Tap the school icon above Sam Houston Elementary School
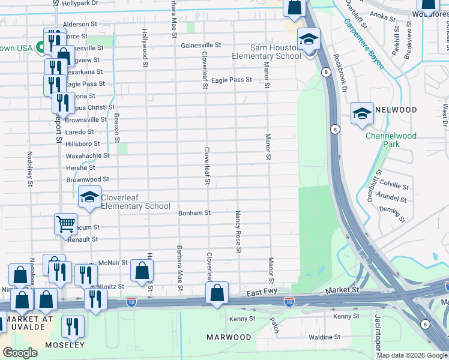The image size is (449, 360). pyautogui.click(x=309, y=40)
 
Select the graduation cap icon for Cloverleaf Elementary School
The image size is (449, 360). pyautogui.click(x=89, y=196)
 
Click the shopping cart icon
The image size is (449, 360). pyautogui.click(x=65, y=224)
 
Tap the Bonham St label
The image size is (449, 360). pyautogui.click(x=194, y=213)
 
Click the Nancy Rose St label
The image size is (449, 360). pyautogui.click(x=238, y=231)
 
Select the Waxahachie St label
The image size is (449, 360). pyautogui.click(x=88, y=155)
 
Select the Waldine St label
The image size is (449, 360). pyautogui.click(x=324, y=337)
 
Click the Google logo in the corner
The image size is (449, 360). pyautogui.click(x=20, y=353)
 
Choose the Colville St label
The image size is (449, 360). pyautogui.click(x=394, y=187)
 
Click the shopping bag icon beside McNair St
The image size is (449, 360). pyautogui.click(x=142, y=271)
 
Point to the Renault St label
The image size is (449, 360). pyautogui.click(x=82, y=239)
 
